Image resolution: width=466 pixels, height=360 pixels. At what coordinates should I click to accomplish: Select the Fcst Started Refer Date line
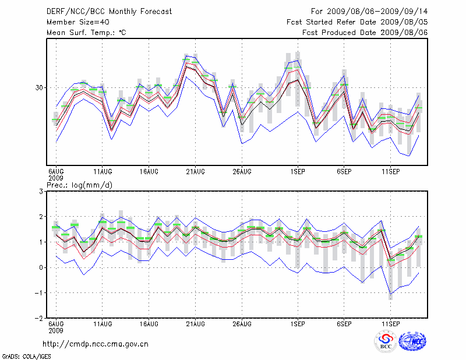tap(357, 22)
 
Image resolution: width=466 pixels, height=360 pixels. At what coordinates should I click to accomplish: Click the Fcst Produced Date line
tap(365, 33)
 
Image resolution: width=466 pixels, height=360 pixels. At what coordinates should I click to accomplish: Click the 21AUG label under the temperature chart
tap(195, 172)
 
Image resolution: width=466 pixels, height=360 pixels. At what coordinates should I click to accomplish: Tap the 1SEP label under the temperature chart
tap(298, 172)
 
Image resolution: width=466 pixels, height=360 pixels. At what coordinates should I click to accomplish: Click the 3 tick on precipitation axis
tap(41, 191)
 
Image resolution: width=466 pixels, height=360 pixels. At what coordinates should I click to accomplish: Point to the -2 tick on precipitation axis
tap(40, 319)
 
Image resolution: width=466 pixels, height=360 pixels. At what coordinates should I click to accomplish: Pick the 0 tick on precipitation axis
tap(41, 267)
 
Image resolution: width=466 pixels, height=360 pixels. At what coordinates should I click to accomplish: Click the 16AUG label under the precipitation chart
tap(149, 323)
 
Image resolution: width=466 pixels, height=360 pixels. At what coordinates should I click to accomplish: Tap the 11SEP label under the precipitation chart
tap(390, 323)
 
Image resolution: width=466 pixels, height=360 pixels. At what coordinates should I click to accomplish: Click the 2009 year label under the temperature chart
tap(56, 178)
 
